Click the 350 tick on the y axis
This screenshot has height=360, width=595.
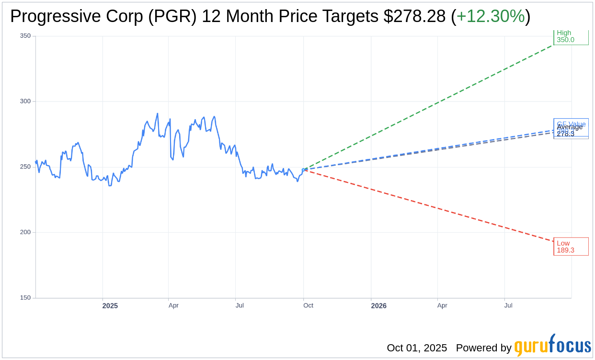click(25, 36)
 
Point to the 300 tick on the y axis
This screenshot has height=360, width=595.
click(25, 101)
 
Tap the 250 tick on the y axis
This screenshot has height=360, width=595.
click(25, 167)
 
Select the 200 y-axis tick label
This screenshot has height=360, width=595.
click(25, 232)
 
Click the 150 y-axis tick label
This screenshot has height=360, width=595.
click(25, 298)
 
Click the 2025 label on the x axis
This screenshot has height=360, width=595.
click(110, 306)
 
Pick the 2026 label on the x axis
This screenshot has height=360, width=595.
click(378, 306)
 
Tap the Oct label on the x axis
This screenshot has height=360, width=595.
click(308, 305)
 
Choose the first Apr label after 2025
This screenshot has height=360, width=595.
click(173, 305)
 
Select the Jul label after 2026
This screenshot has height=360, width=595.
click(508, 305)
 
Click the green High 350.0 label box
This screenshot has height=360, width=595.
click(571, 37)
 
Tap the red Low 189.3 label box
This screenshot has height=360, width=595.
click(571, 247)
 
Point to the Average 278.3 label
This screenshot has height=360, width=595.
click(570, 130)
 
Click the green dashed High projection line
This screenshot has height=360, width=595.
click(431, 105)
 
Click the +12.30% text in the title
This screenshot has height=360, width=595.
click(490, 17)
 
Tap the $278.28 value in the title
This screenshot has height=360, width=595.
click(414, 17)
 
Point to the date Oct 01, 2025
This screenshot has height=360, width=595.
click(417, 348)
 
